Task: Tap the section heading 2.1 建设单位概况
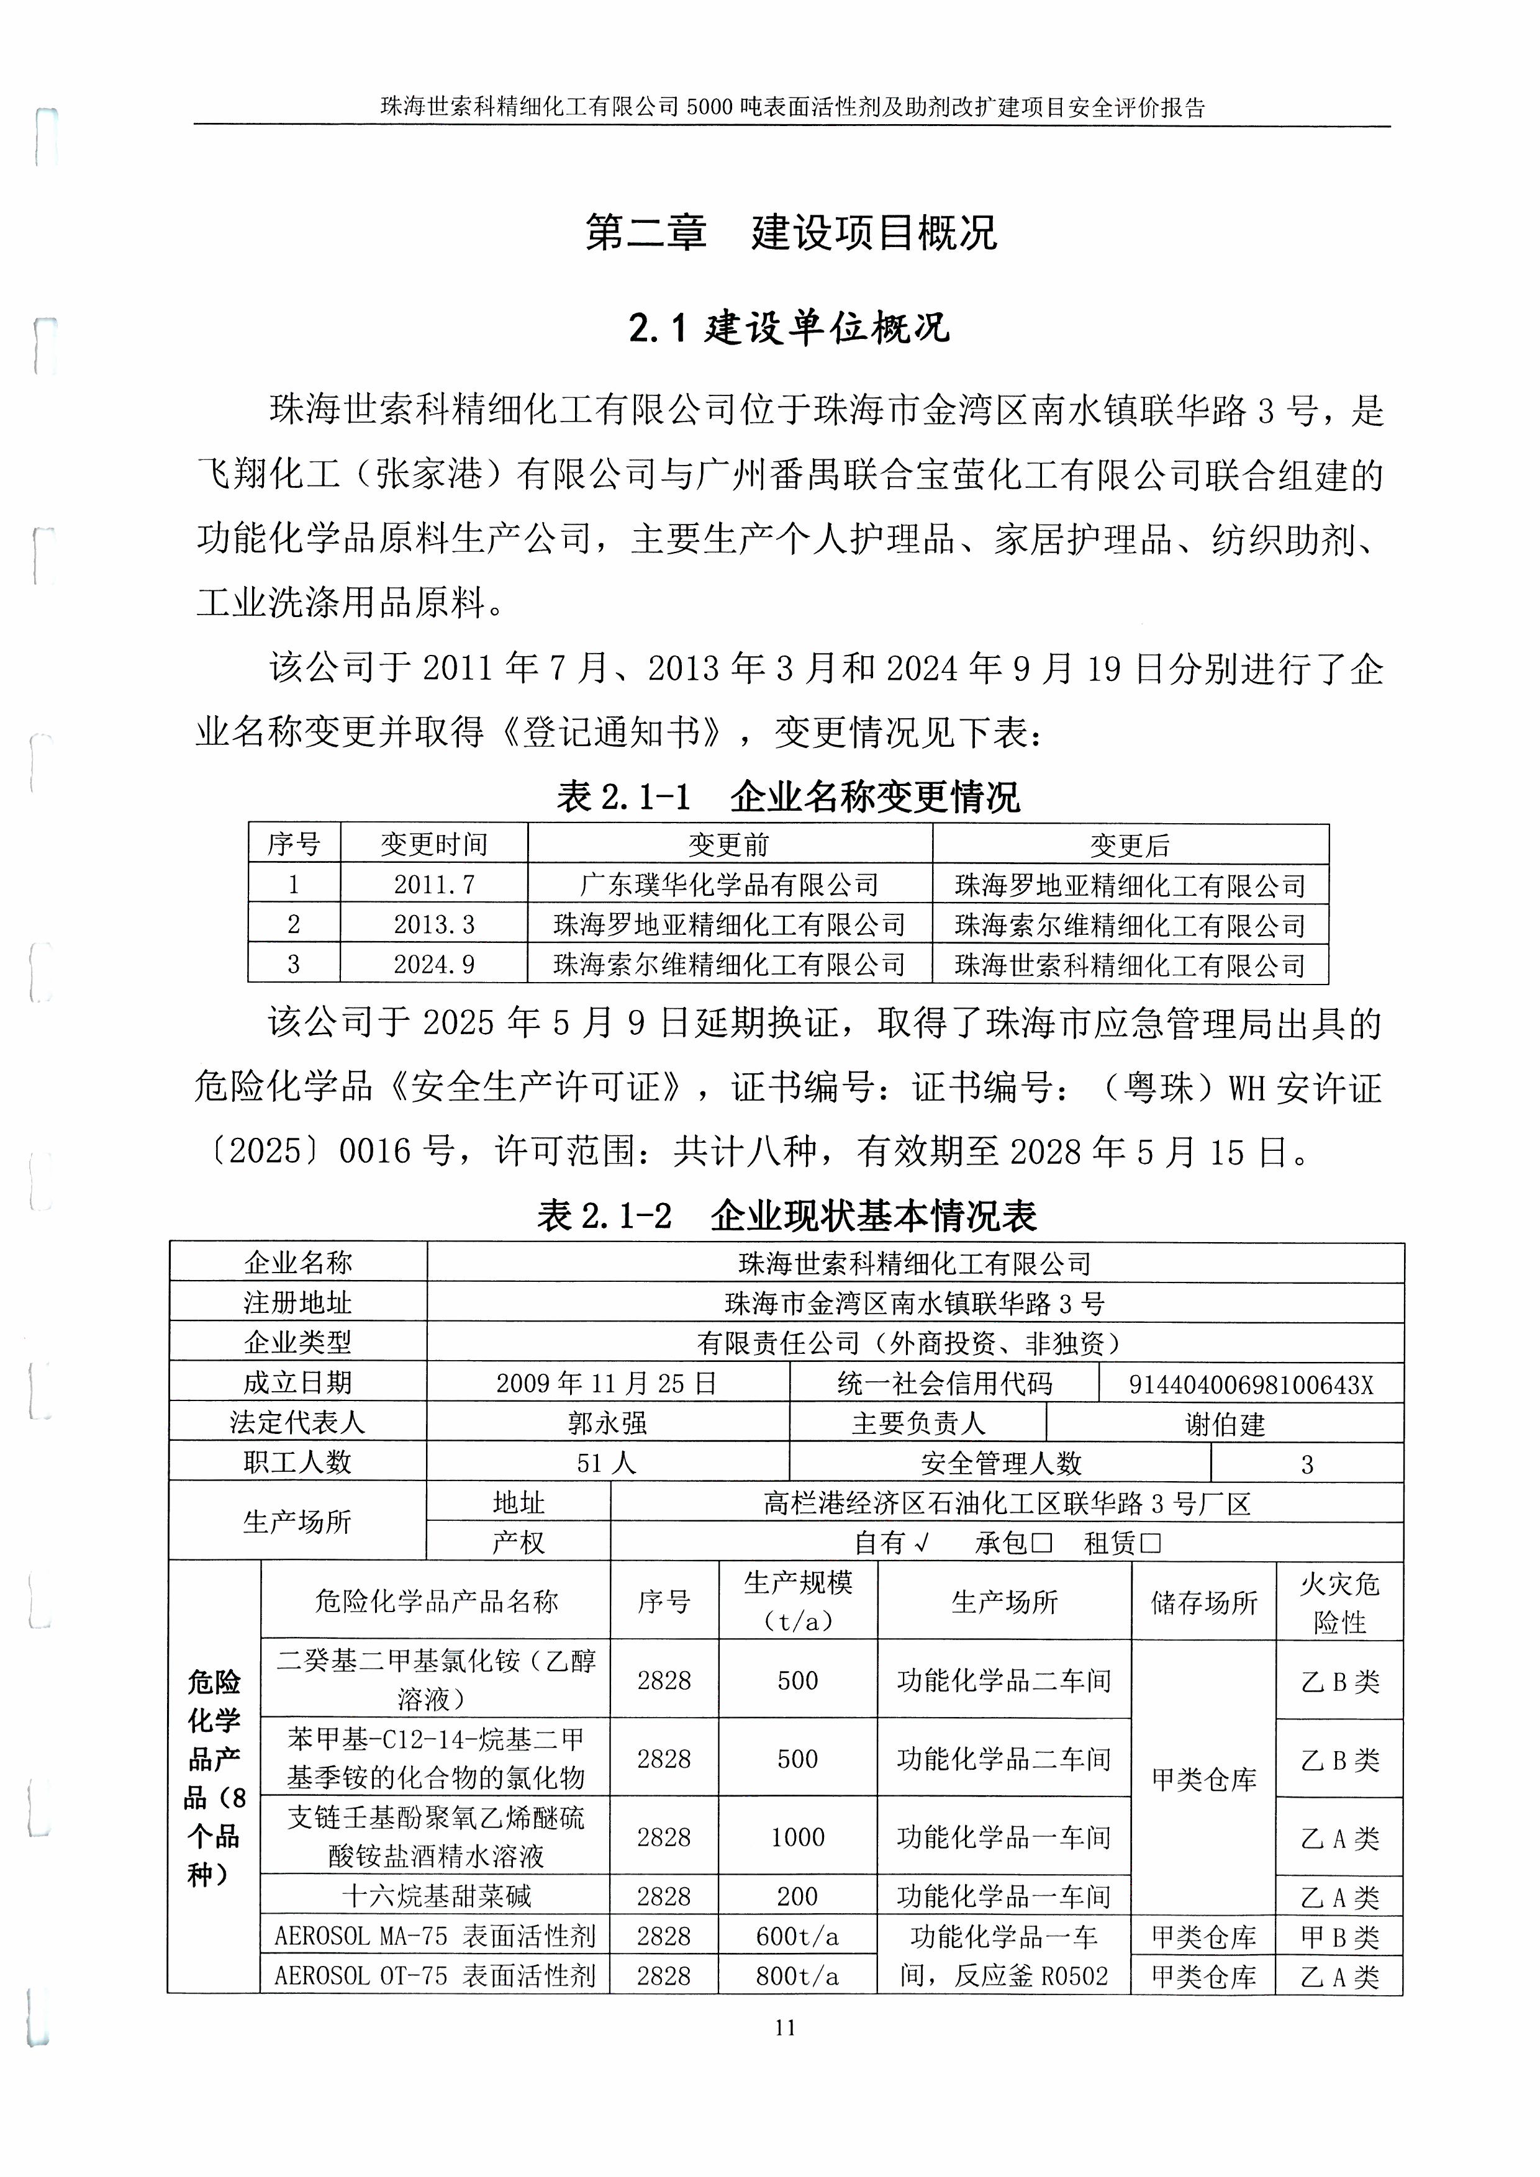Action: tap(789, 328)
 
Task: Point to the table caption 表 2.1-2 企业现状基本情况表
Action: tap(787, 1215)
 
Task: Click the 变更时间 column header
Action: tap(433, 844)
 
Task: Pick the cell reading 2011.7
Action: tap(433, 885)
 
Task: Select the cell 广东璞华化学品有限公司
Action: tap(729, 885)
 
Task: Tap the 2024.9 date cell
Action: tap(433, 964)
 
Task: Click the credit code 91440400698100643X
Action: tap(1250, 1384)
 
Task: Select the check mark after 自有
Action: tap(920, 1544)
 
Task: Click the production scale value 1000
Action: tap(797, 1837)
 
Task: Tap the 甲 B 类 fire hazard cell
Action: tap(1339, 1936)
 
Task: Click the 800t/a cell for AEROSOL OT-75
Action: tap(797, 1976)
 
